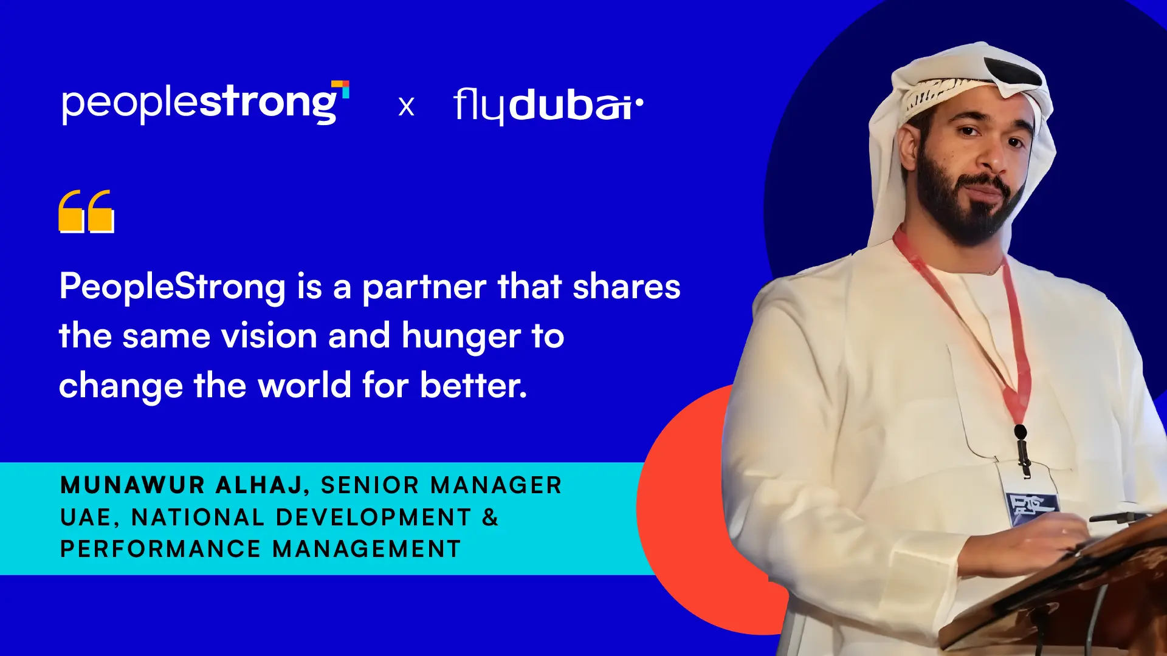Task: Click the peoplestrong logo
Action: tap(205, 103)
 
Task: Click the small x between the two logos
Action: tap(407, 107)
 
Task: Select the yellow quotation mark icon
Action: tap(86, 211)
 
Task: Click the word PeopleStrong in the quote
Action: tap(173, 287)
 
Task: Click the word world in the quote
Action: tap(305, 385)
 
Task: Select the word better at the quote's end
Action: tap(473, 385)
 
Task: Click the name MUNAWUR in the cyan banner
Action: tap(133, 485)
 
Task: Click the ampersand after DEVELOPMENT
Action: tap(491, 518)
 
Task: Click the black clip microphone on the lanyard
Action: tap(1022, 449)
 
